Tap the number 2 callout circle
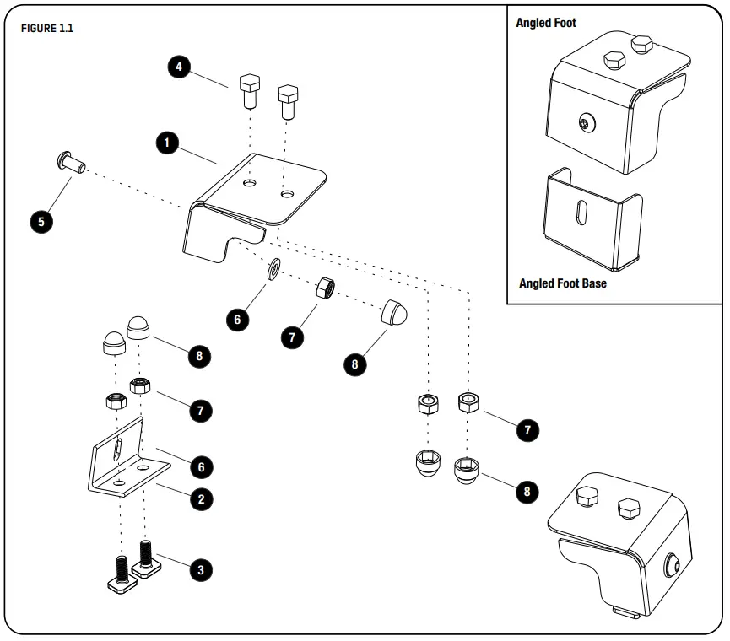200,498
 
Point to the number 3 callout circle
200,569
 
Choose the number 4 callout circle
178,67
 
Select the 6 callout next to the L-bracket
200,466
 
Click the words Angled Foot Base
562,283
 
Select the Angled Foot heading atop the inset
546,23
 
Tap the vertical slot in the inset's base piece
580,219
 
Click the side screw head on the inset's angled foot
585,124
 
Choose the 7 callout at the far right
527,429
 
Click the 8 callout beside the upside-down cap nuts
527,492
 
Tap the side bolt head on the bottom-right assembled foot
673,566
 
